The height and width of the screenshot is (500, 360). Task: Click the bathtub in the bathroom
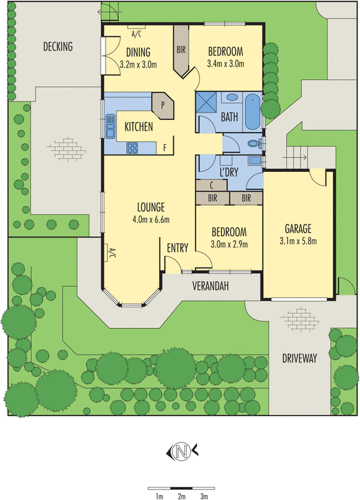tap(252, 112)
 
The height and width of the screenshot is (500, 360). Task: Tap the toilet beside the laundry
tap(255, 144)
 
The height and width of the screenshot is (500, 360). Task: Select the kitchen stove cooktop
tap(132, 147)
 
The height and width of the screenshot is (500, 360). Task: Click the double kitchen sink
tap(110, 126)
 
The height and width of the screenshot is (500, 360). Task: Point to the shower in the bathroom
tap(206, 102)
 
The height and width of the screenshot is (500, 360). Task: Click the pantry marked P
tap(162, 106)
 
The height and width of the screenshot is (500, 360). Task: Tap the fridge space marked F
tap(165, 147)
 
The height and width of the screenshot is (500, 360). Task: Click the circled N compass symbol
tap(181, 451)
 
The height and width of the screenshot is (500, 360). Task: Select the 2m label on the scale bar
tap(181, 496)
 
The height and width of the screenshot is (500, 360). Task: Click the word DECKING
tap(57, 46)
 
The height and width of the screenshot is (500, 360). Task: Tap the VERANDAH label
tap(211, 286)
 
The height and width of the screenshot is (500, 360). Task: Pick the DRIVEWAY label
tap(299, 358)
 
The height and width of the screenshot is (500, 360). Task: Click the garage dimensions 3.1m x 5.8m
tap(298, 241)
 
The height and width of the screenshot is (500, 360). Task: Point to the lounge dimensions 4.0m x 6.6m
tap(151, 219)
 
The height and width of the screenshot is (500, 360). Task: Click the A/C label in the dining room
tap(136, 34)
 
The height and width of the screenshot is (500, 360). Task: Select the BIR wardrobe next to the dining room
tap(181, 51)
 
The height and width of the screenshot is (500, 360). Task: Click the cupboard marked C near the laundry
tap(211, 185)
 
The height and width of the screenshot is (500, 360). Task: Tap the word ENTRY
tap(177, 248)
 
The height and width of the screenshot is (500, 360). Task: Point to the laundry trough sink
tap(254, 160)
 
